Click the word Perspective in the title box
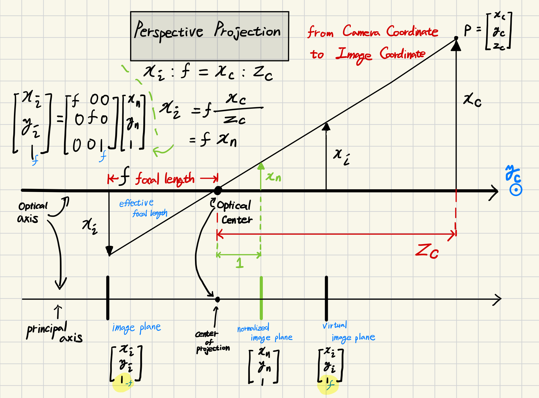pos(169,32)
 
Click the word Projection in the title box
pos(247,31)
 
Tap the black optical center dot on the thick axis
pos(218,190)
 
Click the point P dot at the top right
pos(456,38)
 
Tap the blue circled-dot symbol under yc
pos(516,190)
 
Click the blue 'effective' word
pos(136,203)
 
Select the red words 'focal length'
pos(165,179)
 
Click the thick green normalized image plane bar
pos(261,297)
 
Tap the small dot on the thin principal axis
pos(217,299)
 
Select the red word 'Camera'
pos(361,31)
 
